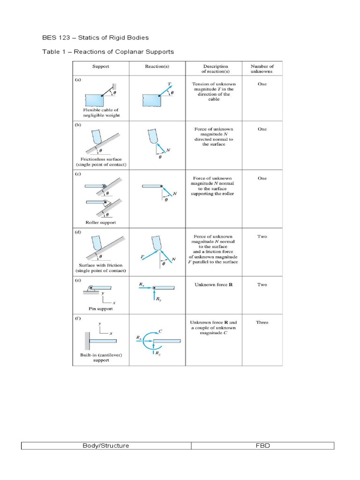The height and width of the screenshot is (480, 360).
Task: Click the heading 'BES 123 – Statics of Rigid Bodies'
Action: (96, 37)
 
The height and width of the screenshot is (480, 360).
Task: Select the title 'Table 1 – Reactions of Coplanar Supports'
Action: (108, 52)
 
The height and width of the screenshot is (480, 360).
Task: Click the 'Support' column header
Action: (101, 67)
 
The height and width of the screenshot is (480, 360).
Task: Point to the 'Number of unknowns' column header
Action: (262, 69)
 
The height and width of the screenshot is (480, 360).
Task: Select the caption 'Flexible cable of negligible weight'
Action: (101, 112)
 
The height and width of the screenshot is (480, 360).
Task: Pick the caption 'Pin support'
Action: (101, 309)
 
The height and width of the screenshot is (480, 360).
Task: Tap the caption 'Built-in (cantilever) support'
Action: (101, 358)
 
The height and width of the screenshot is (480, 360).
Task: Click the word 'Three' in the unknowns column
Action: (262, 322)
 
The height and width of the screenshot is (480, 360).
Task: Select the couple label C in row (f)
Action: (160, 331)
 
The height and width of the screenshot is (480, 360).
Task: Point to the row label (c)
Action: (78, 174)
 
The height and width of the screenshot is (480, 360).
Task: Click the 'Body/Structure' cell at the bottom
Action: (106, 445)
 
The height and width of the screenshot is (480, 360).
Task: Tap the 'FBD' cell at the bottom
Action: (262, 445)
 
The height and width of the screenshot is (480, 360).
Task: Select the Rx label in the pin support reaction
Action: (142, 284)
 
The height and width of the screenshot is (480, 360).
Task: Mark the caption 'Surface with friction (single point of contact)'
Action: (101, 268)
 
